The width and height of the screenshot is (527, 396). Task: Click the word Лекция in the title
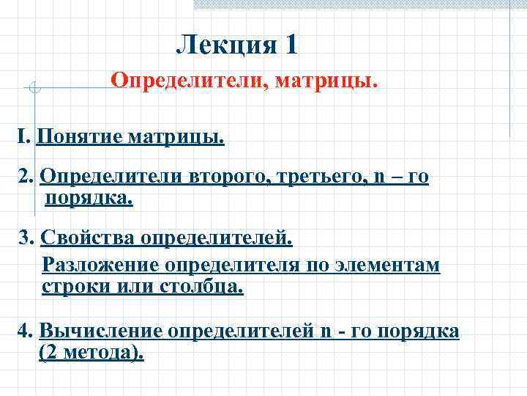223,46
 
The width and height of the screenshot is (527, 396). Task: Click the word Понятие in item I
80,137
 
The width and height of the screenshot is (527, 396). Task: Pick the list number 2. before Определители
27,177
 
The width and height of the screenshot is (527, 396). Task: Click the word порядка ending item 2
89,199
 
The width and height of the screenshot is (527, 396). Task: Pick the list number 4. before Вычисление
26,331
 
